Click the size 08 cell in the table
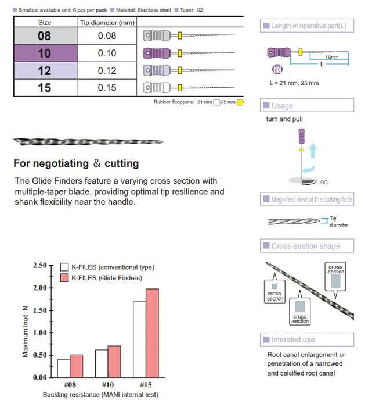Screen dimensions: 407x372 (44, 36)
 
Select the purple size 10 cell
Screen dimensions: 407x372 (44, 53)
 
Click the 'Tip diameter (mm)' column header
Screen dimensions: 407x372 (107, 23)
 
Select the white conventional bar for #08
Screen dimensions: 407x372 (63, 368)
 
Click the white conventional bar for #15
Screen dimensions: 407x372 (139, 339)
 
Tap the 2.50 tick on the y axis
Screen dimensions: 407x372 (39, 265)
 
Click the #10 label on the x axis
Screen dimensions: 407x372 (108, 385)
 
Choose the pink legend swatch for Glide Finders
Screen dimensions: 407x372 (64, 279)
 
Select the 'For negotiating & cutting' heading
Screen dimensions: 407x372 (76, 163)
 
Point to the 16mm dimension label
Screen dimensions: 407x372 (332, 57)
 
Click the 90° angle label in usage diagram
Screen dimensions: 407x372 (324, 182)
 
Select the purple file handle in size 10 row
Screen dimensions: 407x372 (158, 53)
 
